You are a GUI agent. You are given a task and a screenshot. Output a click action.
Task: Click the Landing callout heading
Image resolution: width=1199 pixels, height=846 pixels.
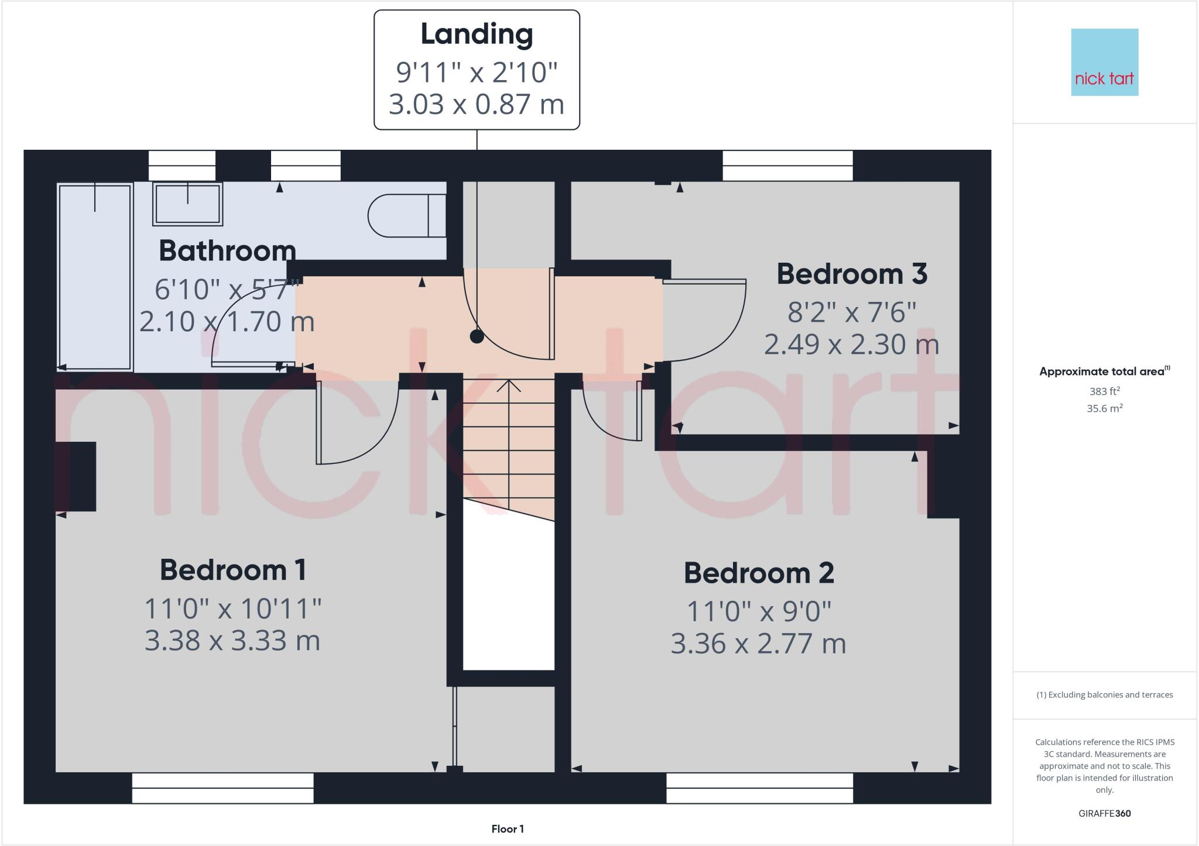point(477,34)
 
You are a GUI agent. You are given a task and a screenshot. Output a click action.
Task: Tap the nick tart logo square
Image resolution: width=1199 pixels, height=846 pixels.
point(1104,62)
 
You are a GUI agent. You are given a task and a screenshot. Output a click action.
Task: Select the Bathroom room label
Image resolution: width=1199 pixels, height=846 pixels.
point(227,251)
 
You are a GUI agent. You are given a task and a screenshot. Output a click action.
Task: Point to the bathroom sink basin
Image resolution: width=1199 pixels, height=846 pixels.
point(187,204)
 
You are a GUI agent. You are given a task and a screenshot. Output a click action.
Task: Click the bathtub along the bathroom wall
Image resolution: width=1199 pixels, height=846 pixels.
point(95,276)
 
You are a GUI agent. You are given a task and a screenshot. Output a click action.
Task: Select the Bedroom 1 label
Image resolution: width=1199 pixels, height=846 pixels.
point(233,570)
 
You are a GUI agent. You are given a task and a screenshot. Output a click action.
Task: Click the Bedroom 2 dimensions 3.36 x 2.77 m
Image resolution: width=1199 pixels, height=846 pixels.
point(758,644)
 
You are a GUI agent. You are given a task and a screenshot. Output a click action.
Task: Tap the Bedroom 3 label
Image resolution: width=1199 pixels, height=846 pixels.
point(852,274)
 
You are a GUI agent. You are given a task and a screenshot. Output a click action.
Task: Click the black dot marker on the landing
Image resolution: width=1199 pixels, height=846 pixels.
point(477,336)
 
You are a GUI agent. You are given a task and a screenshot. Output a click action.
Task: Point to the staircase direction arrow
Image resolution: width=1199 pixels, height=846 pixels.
point(509,387)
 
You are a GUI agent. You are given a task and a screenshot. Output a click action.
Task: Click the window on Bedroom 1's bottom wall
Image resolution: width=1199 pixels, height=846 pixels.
point(222,788)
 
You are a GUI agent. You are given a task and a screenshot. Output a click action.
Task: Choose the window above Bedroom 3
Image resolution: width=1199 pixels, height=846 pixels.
point(787,166)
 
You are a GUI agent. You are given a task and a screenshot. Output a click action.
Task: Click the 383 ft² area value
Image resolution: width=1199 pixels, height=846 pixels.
point(1104,391)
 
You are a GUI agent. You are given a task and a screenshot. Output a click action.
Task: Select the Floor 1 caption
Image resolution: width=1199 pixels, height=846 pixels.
point(508,828)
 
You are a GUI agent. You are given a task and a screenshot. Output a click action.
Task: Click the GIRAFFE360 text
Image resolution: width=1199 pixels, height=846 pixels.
point(1104,813)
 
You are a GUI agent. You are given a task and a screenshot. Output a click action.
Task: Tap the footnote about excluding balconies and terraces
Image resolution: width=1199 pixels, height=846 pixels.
point(1104,695)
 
